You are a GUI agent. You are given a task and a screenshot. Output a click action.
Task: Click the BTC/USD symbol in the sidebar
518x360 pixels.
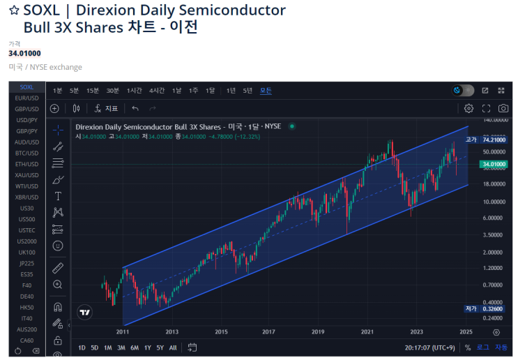(x=27, y=153)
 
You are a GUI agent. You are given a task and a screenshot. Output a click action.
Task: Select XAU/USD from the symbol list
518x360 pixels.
(x=27, y=175)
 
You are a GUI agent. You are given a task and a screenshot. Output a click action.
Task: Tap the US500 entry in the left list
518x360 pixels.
(x=27, y=219)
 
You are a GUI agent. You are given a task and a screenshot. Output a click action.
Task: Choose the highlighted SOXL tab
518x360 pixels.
(x=27, y=87)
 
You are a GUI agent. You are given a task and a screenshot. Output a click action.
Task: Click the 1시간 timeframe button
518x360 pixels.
(x=135, y=91)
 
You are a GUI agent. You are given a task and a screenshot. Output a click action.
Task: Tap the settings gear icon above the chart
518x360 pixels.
(x=469, y=109)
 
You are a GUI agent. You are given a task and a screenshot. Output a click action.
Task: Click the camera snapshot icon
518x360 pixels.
(x=503, y=109)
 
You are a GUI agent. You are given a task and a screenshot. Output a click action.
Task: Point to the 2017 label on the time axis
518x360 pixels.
(x=270, y=332)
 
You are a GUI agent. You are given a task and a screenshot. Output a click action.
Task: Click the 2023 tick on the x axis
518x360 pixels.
(x=417, y=332)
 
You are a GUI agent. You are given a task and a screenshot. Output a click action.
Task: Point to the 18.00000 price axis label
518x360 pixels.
(x=494, y=184)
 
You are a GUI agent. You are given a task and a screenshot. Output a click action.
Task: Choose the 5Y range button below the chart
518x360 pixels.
(x=160, y=347)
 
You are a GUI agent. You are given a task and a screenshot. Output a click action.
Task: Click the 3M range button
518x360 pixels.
(x=121, y=347)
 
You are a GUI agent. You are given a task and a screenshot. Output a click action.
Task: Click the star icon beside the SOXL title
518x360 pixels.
(x=14, y=10)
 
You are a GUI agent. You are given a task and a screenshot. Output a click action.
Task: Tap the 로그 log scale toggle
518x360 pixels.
(x=483, y=347)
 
